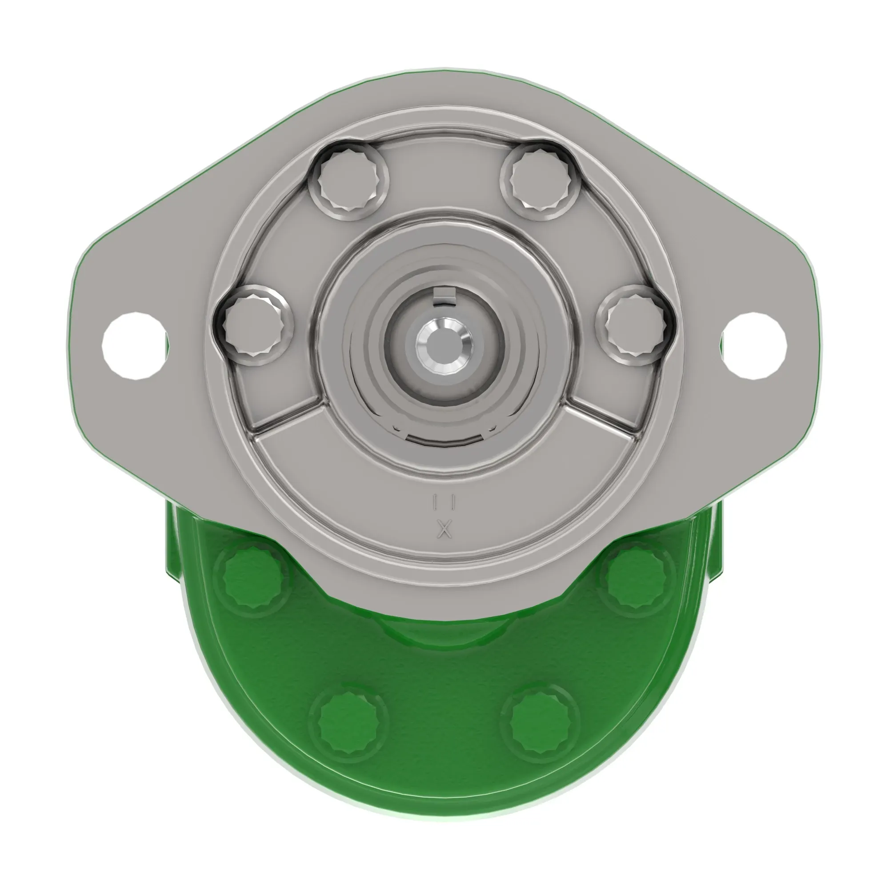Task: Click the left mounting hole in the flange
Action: (135, 345)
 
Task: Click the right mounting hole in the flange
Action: (753, 345)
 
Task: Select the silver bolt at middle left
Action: (253, 324)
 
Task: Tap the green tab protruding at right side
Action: (713, 543)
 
